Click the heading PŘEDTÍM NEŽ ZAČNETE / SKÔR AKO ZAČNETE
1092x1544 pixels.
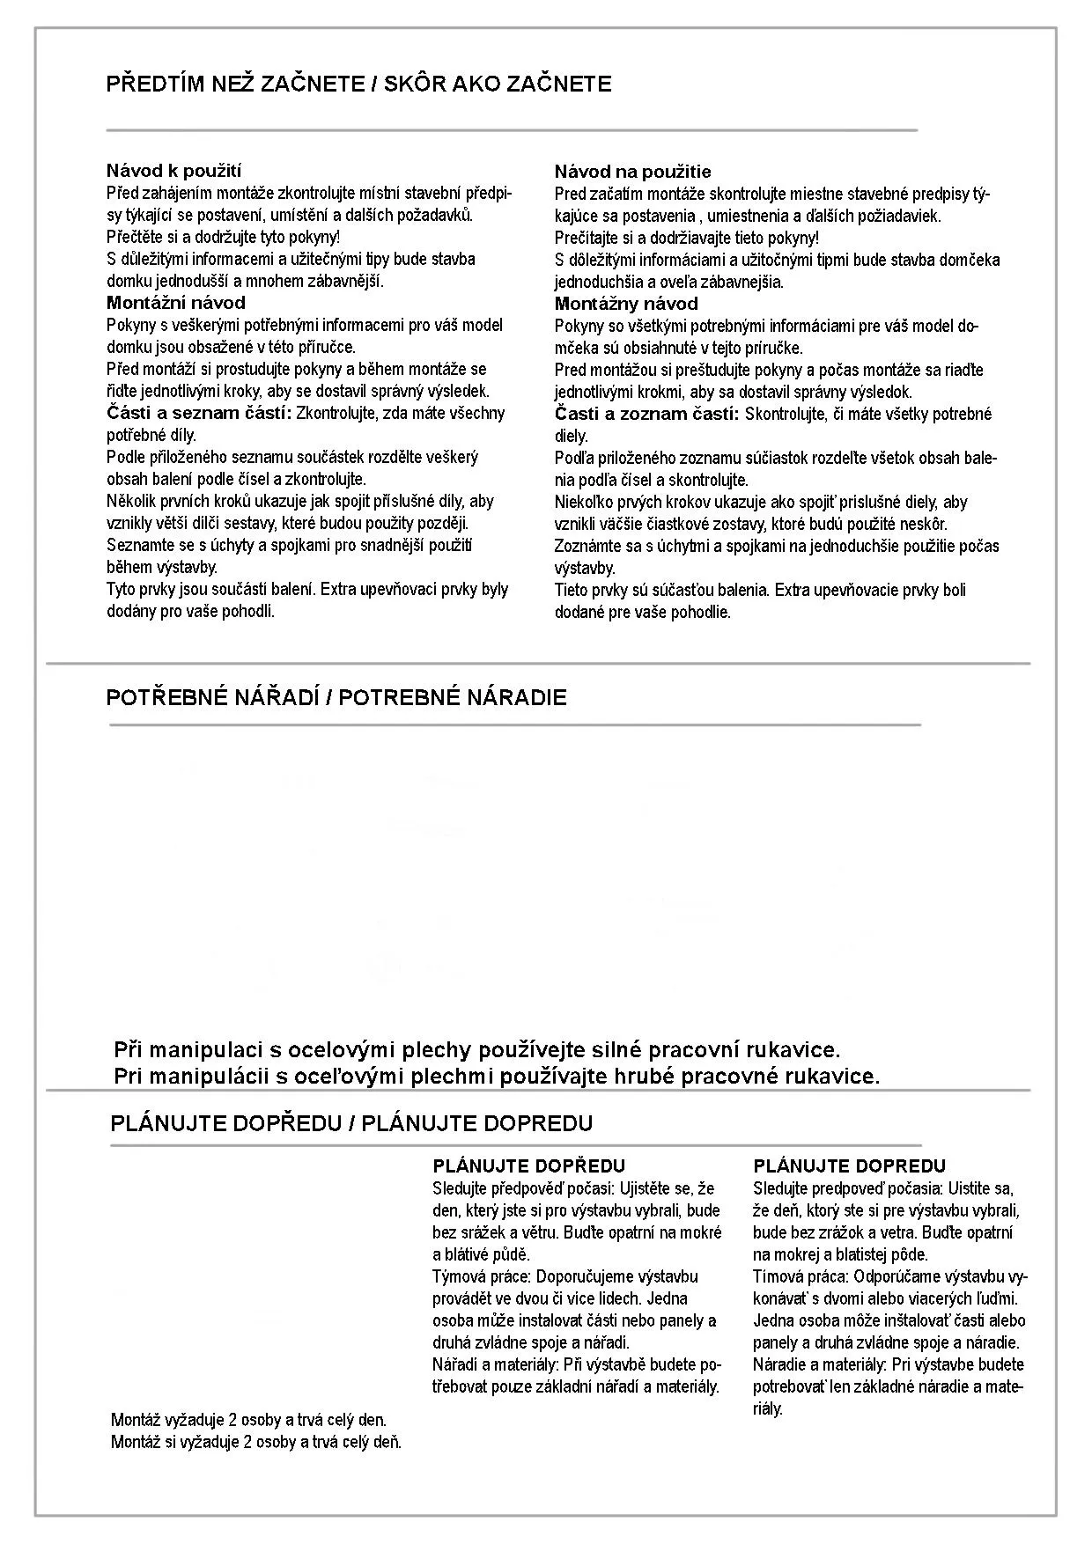point(358,85)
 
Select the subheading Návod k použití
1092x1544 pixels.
point(173,171)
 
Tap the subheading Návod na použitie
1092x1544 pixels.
point(632,172)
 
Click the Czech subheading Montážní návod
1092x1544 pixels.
point(176,303)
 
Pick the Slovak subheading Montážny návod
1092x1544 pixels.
point(626,304)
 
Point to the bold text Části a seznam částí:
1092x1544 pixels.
point(199,413)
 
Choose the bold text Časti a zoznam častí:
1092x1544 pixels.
point(646,414)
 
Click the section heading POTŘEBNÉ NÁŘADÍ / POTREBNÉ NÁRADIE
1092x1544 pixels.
point(336,698)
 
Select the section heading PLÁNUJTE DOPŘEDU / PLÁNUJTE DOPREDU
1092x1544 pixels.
point(351,1123)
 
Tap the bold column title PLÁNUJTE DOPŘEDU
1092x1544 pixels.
point(528,1166)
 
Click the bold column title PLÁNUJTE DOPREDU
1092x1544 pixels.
point(849,1166)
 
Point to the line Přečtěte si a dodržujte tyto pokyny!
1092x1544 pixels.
point(223,237)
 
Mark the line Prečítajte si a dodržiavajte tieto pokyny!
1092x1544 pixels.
point(686,238)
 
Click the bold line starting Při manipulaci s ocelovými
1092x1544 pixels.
point(476,1050)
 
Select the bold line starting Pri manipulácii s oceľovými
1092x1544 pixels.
point(497,1076)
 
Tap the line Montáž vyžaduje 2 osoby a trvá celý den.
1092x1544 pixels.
point(248,1420)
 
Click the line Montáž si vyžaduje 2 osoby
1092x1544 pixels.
point(255,1442)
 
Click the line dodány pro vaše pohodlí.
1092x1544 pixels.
point(190,612)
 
